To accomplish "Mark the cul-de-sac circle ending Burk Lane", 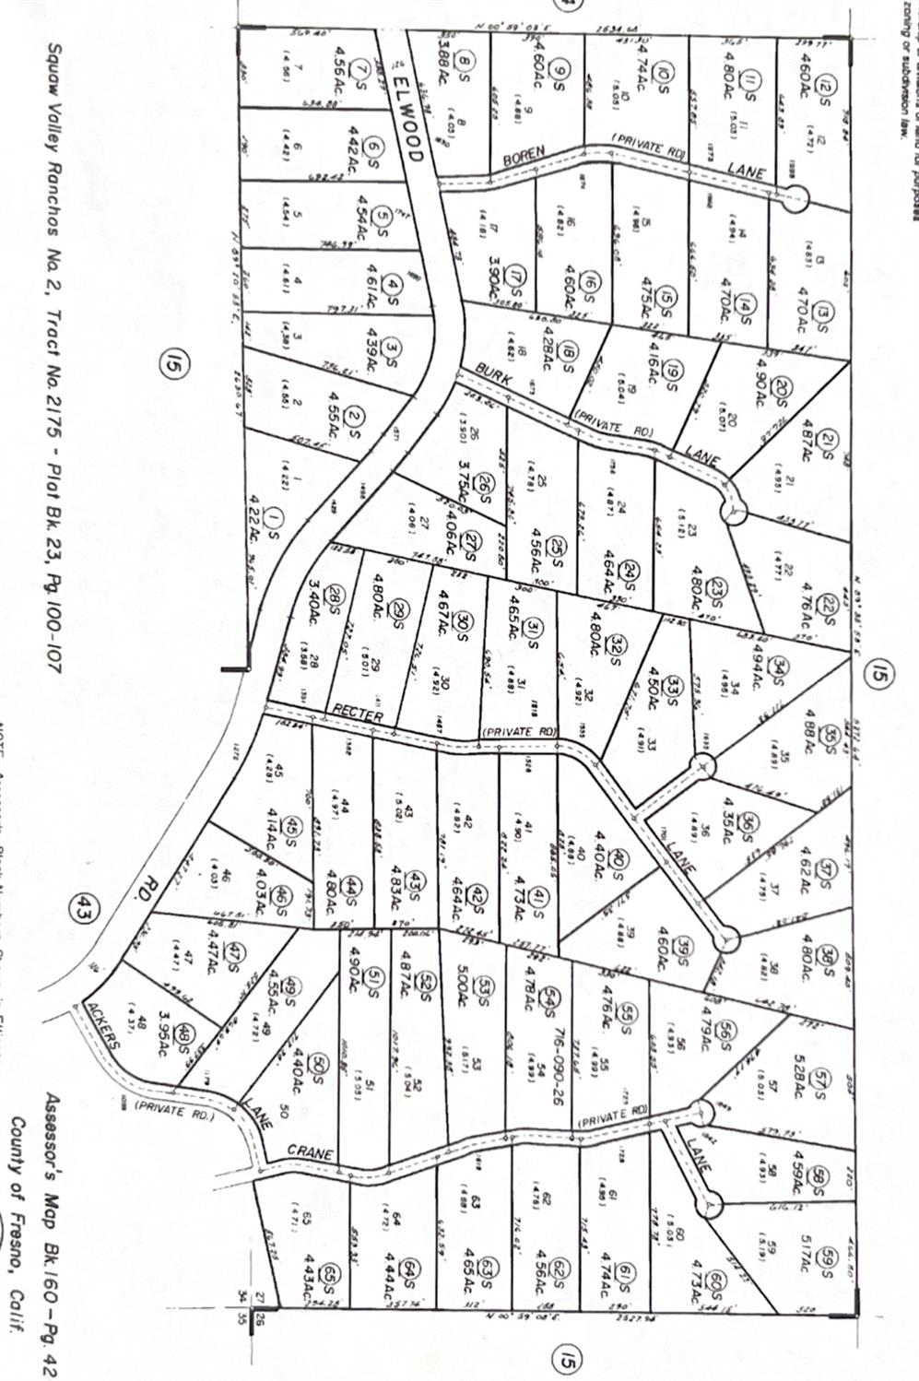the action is (734, 511).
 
